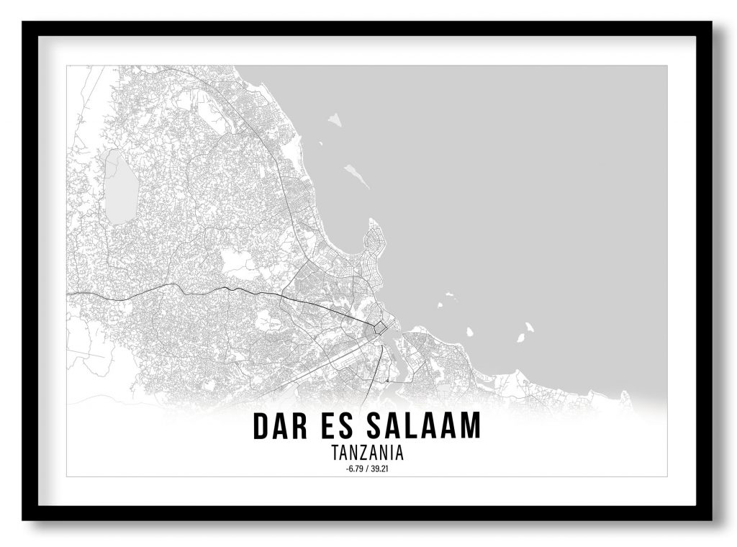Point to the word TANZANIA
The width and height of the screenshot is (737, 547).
pos(367,453)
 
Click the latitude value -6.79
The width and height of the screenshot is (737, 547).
pos(353,469)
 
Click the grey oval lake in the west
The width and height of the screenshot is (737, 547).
pos(121,186)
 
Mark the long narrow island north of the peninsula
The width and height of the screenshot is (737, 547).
pos(356,175)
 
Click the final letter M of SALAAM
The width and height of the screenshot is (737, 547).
pos(470,425)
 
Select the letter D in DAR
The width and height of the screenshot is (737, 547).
pos(261,425)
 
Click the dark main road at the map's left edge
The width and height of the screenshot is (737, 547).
pos(72,294)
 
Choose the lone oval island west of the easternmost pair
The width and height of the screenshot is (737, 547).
pos(469,333)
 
